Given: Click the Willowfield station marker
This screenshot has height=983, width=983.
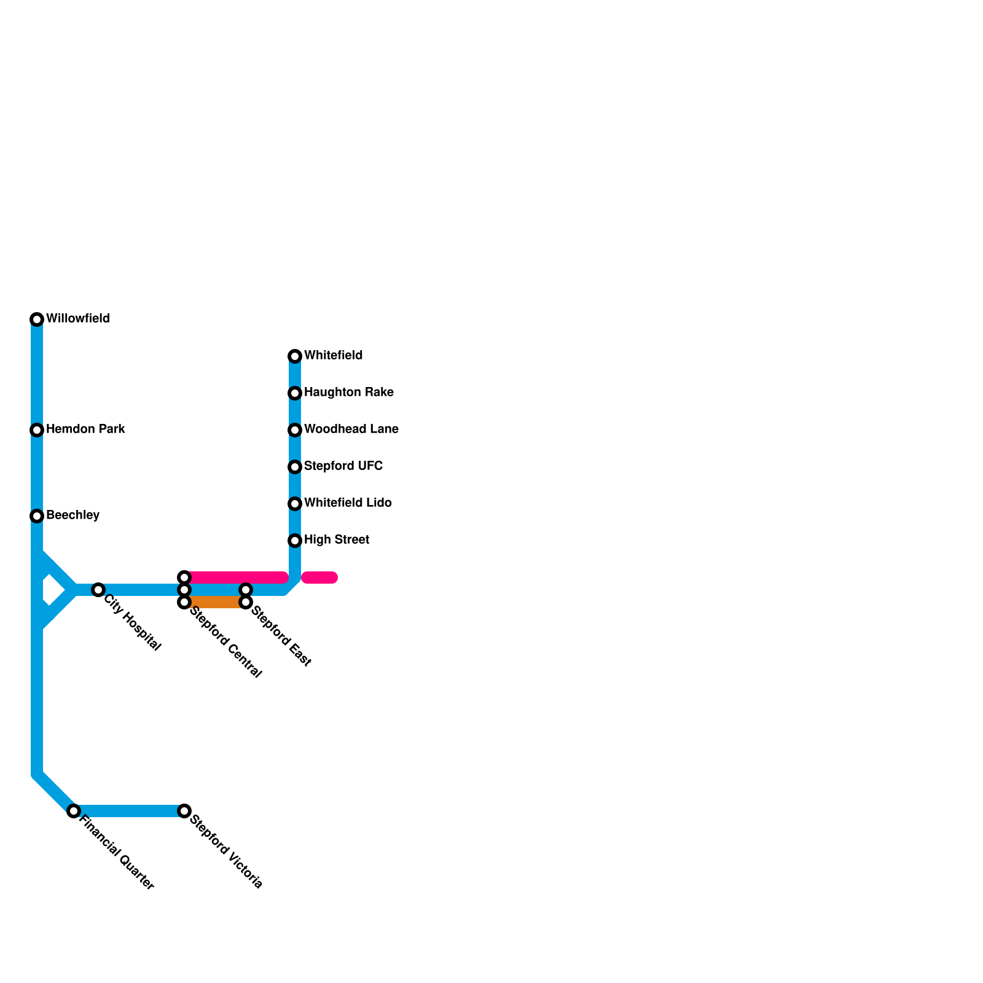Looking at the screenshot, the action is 37,319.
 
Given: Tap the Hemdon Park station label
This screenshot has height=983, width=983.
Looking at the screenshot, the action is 85,429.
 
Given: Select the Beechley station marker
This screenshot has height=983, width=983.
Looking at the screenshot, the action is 37,516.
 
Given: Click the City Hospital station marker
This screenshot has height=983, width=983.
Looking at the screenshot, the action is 98,590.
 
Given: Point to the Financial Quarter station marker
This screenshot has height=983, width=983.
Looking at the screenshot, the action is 74,811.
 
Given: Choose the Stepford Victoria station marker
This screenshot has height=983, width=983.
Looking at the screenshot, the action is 184,811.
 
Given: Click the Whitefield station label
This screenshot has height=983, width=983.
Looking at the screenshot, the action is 333,356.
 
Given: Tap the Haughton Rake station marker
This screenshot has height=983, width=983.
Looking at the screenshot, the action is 295,393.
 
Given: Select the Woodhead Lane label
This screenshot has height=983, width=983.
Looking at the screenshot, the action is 351,429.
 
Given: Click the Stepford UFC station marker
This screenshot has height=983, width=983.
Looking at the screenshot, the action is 295,467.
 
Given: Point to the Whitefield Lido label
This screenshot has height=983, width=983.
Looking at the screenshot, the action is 348,503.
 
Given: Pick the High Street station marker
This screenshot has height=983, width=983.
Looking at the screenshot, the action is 295,541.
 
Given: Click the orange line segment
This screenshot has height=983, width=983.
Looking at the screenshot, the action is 215,602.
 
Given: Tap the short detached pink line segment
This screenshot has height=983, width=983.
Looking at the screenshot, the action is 319,578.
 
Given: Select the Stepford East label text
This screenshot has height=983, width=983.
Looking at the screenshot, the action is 281,636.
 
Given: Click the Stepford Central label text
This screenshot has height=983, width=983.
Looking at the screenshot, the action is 225,642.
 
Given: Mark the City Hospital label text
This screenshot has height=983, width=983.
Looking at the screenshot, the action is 132,623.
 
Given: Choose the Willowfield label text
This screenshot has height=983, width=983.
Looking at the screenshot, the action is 77,319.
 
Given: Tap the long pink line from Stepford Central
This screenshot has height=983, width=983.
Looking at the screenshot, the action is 237,578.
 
